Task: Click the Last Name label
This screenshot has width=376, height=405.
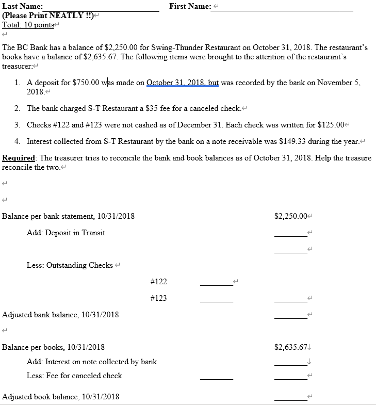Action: (x=22, y=7)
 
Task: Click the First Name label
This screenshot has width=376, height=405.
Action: (x=189, y=6)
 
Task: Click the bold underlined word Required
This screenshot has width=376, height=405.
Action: (x=19, y=158)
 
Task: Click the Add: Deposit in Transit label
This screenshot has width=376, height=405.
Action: (x=66, y=233)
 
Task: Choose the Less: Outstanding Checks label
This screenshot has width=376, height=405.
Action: (x=70, y=265)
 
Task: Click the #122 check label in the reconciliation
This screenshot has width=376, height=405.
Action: (x=158, y=282)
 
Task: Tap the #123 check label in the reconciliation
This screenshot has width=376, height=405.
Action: (x=158, y=298)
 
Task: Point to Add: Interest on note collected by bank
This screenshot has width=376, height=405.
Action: (x=92, y=362)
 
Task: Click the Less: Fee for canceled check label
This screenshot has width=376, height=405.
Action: (x=74, y=376)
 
